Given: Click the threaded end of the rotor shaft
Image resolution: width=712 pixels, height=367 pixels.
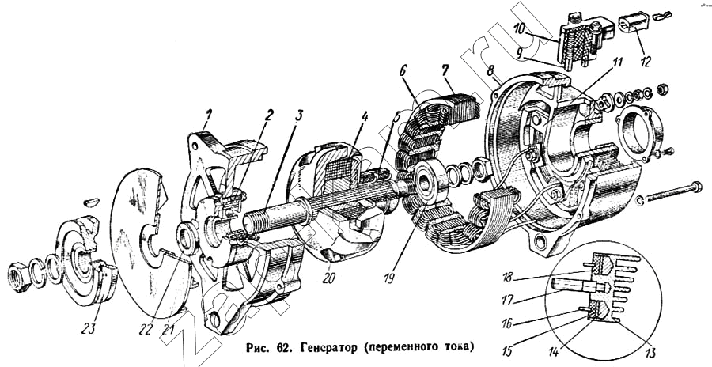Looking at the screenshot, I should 259,216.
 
